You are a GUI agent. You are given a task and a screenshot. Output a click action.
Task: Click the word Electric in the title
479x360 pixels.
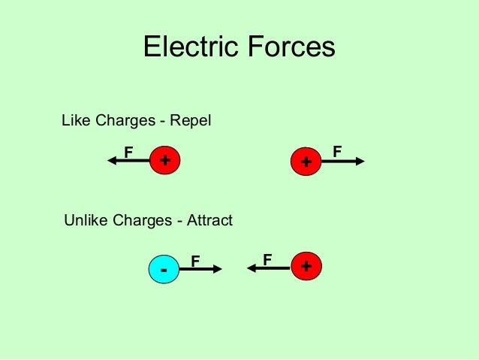point(188,47)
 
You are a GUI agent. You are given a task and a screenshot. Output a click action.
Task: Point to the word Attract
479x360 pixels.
point(209,221)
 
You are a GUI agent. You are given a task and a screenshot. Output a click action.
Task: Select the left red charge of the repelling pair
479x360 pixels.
point(165,160)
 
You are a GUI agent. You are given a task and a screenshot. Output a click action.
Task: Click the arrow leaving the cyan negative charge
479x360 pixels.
point(201,268)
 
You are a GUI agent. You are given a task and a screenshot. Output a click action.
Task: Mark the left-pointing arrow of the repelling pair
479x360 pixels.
point(129,161)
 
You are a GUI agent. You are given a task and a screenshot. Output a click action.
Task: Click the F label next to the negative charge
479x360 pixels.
point(195,261)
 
